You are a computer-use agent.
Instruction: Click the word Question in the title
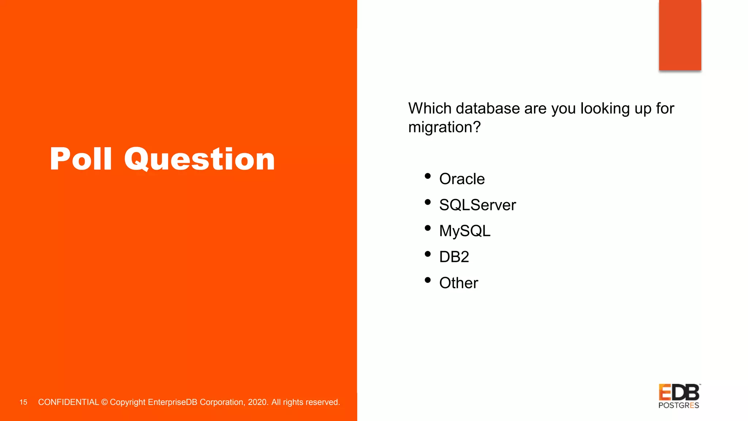(x=199, y=159)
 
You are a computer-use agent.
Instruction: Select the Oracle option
(x=462, y=179)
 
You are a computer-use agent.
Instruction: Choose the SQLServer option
(x=477, y=205)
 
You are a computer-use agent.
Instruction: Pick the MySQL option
(x=465, y=231)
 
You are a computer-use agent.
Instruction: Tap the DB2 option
(x=454, y=257)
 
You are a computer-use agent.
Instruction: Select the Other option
(x=458, y=283)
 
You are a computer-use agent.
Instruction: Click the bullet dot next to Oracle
(x=428, y=176)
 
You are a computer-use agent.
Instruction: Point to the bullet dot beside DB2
(x=428, y=254)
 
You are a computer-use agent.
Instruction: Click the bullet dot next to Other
(x=428, y=280)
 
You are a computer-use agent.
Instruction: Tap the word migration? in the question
(x=444, y=128)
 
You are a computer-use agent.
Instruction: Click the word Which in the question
(x=430, y=109)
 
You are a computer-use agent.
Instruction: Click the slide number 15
(x=23, y=402)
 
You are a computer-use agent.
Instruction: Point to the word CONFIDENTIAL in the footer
(x=68, y=402)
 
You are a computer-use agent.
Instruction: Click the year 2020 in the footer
(x=257, y=402)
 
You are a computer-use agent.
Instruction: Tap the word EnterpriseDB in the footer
(x=172, y=402)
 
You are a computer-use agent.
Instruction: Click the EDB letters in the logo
(x=679, y=392)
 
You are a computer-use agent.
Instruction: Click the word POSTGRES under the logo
(x=679, y=405)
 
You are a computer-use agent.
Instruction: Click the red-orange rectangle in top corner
(x=680, y=35)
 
